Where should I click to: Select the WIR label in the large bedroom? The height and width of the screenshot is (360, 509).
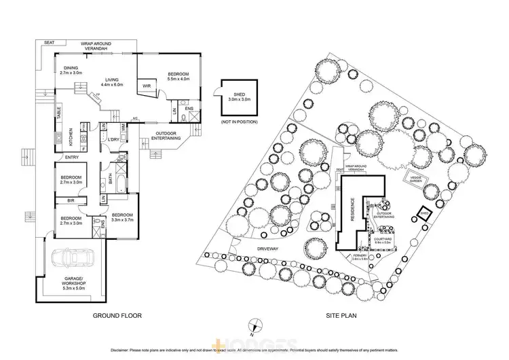[x=147, y=86]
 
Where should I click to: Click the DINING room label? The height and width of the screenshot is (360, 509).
[x=71, y=68]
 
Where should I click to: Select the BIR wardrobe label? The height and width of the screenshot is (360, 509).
[x=70, y=200]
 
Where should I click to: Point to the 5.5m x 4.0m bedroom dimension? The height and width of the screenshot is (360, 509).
[x=178, y=78]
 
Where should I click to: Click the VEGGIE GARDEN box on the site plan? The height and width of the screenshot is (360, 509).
[x=415, y=178]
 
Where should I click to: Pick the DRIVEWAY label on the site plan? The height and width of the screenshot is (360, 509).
[x=268, y=249]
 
